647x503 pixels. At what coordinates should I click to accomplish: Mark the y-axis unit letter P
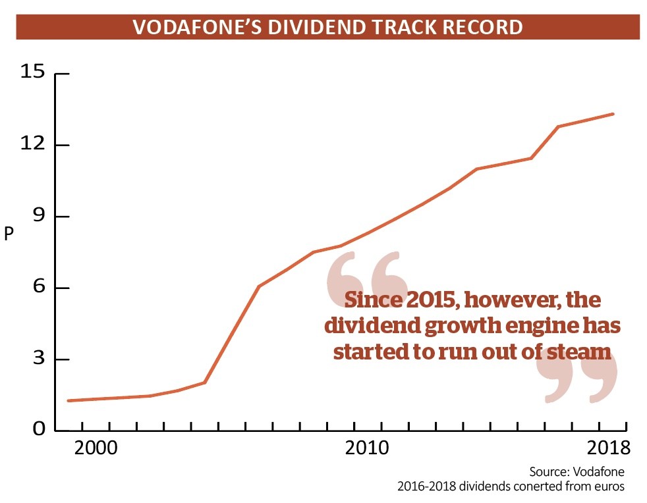point(9,234)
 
